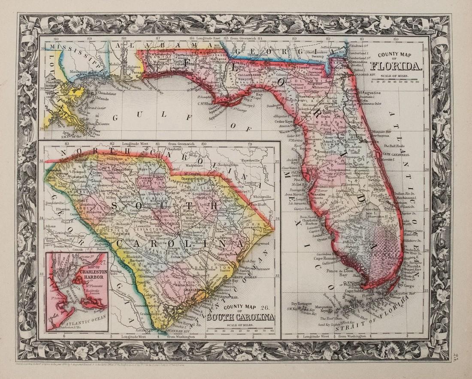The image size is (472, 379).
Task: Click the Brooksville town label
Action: [x=315, y=152]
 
